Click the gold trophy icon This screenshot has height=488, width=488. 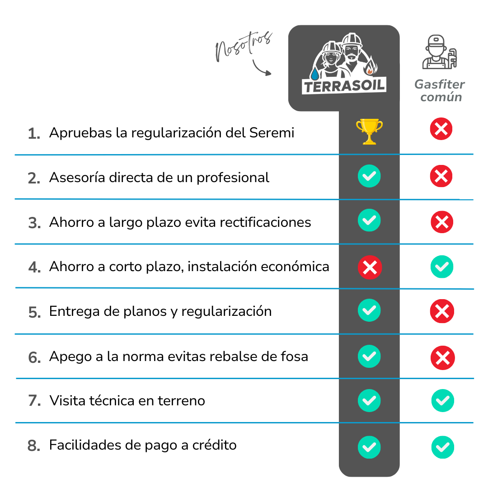(369, 131)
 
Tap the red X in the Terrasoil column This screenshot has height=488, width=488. (370, 267)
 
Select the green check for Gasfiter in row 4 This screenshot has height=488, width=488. (442, 267)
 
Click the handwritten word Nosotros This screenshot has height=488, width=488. (244, 47)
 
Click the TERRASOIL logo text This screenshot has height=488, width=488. (344, 85)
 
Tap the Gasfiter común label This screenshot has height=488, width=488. (440, 90)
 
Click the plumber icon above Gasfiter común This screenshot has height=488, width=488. (439, 52)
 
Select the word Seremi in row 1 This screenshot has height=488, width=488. (272, 132)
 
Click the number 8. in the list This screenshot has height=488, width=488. (34, 446)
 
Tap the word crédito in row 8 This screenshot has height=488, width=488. (215, 445)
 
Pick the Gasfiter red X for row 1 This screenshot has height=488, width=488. (441, 129)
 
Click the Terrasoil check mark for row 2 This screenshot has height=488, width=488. (369, 176)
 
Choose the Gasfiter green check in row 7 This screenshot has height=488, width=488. (442, 400)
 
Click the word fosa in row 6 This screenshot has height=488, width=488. (295, 357)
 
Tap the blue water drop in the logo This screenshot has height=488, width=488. (314, 74)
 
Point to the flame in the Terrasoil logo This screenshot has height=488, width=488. (371, 66)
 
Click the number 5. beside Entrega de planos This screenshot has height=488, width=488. (34, 312)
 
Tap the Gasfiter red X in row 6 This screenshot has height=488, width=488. (442, 357)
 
